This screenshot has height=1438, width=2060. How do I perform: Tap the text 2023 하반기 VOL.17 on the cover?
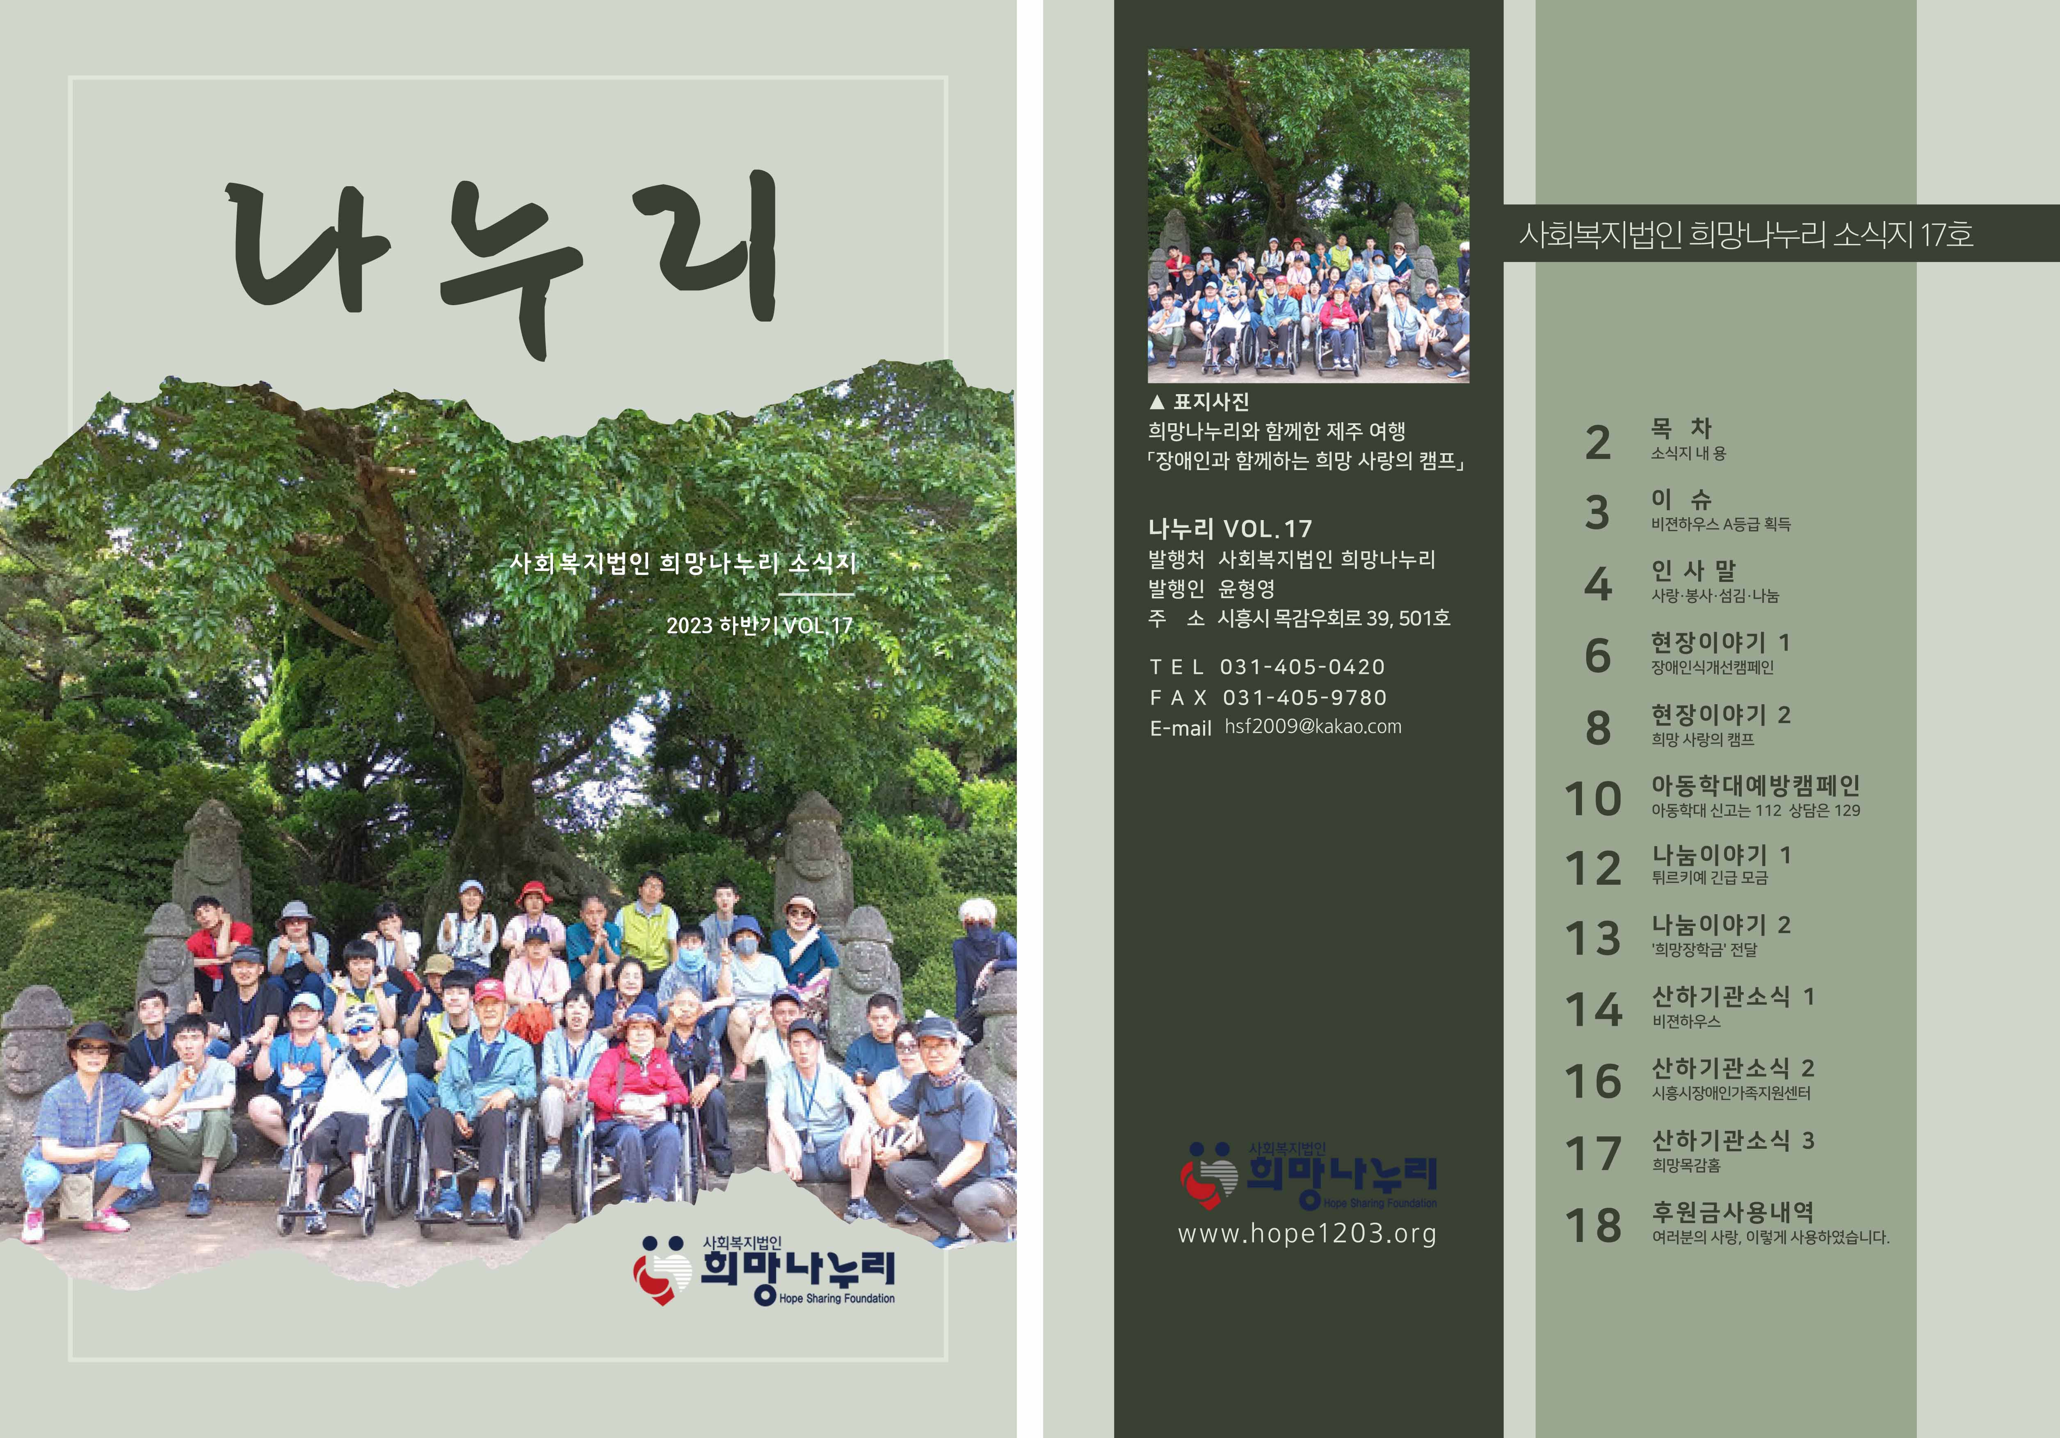(759, 625)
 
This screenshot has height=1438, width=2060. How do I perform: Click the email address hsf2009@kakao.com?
(1313, 727)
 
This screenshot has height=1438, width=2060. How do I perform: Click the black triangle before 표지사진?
(1156, 402)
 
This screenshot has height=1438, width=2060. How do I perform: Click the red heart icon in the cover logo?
(660, 1275)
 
